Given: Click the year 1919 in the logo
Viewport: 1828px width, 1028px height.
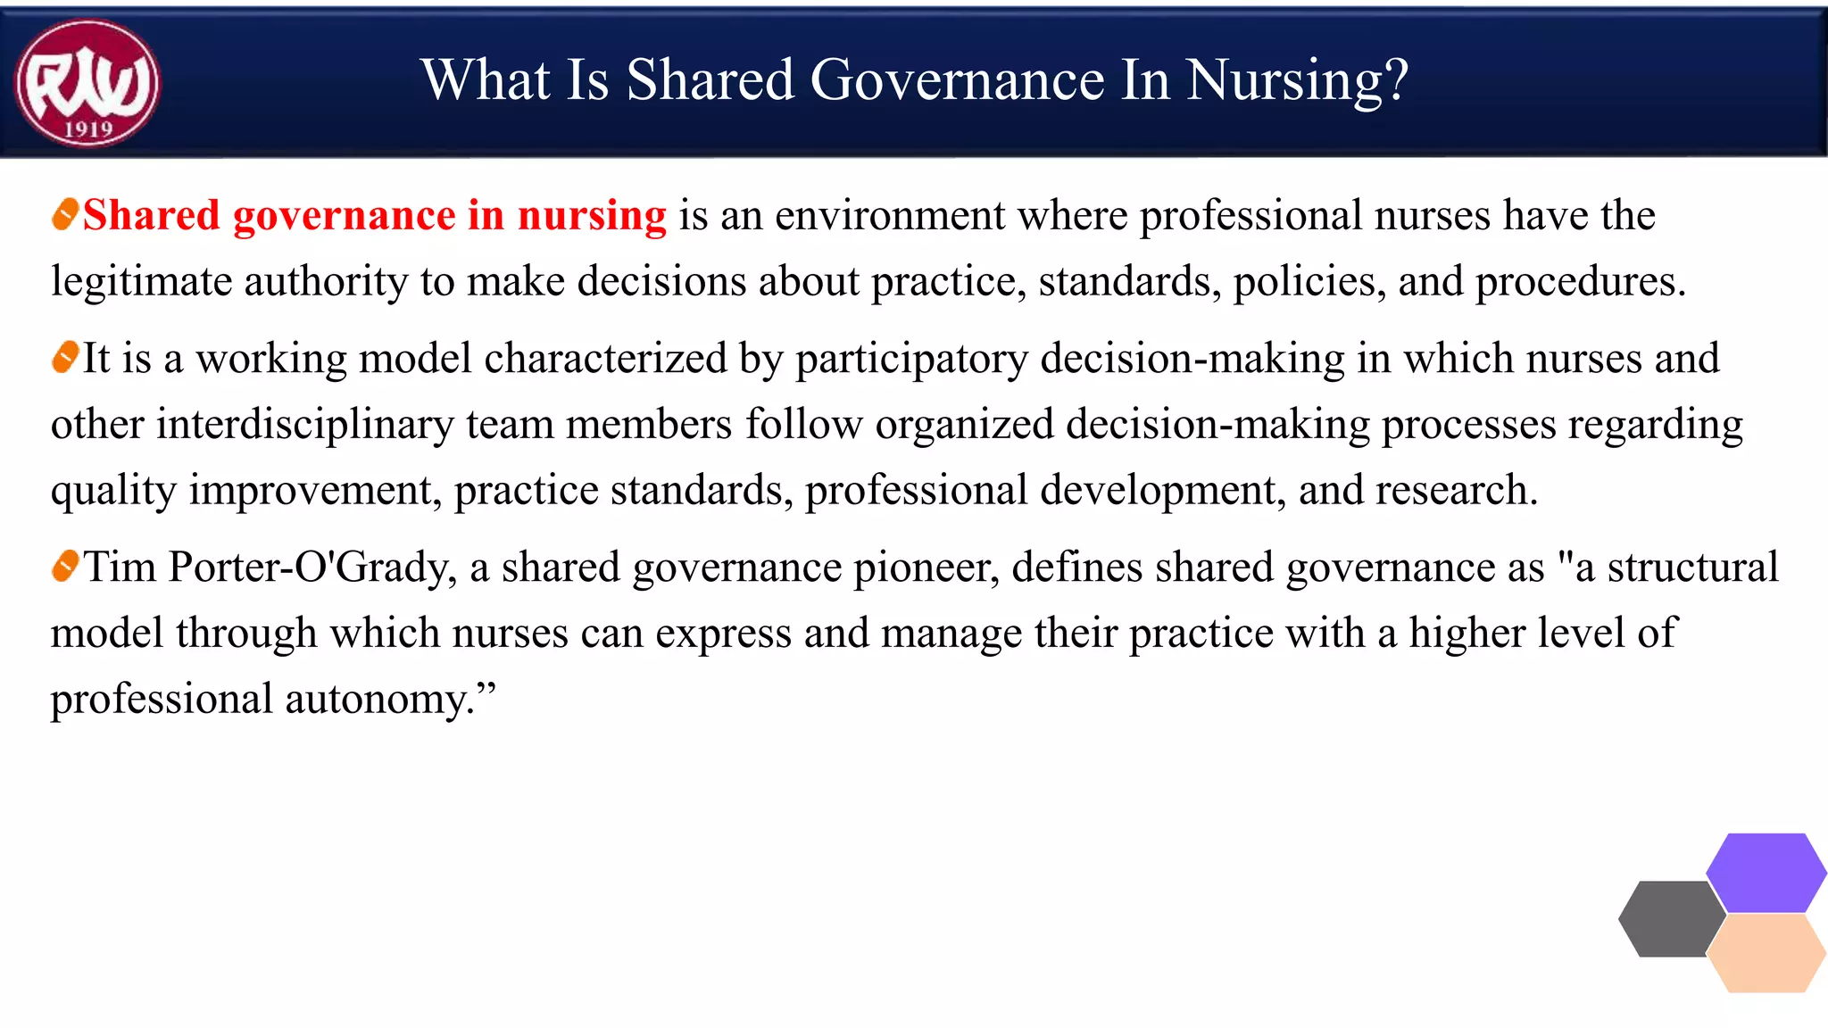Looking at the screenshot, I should [x=88, y=129].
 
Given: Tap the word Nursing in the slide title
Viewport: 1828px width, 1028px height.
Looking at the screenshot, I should [x=1298, y=80].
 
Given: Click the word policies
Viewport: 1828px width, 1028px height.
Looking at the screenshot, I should [x=1309, y=283].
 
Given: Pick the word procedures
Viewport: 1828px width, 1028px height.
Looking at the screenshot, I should [x=1580, y=283].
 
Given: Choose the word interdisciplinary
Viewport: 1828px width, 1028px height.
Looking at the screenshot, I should [x=304, y=425].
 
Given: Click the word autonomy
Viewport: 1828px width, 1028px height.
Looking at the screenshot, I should [x=380, y=700].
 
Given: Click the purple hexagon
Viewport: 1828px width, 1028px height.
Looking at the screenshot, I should [x=1766, y=872].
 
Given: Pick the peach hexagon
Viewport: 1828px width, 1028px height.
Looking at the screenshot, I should [x=1766, y=953].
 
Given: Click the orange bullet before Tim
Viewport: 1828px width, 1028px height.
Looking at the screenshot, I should [x=65, y=567].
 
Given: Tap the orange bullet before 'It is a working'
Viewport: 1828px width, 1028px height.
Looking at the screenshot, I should [x=65, y=358].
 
